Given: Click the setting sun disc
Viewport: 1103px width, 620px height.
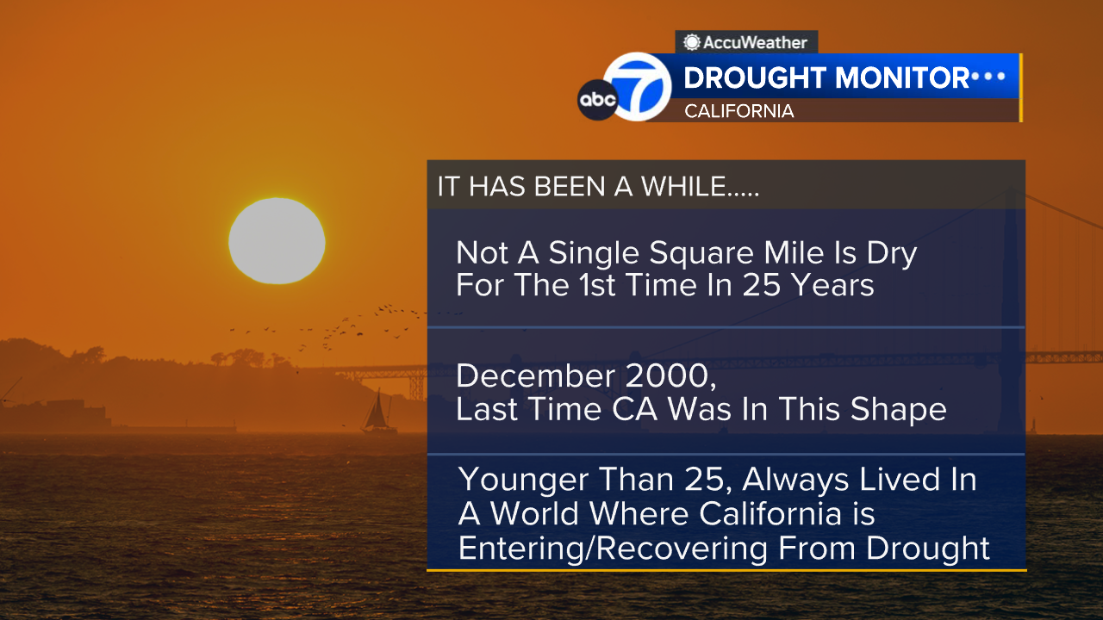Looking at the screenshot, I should click(x=277, y=240).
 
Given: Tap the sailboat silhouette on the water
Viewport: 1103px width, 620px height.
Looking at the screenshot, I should click(x=378, y=412).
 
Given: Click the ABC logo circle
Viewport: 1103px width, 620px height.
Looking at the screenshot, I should click(x=597, y=100).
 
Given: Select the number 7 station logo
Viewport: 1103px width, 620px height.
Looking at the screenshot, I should click(x=638, y=86).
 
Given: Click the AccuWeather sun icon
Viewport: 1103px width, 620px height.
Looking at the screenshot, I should click(x=692, y=41).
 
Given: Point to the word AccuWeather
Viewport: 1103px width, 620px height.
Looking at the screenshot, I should click(x=756, y=41).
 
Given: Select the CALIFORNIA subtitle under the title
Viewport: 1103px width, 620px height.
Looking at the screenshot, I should click(x=738, y=111).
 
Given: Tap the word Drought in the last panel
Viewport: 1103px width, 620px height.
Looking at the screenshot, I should click(x=927, y=548).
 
